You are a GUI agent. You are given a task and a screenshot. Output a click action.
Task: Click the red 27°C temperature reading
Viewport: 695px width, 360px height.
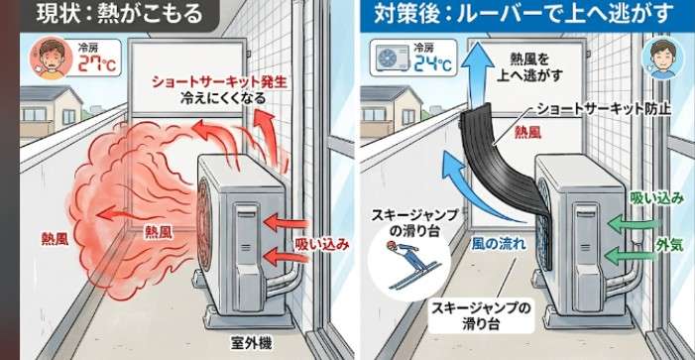click(97, 63)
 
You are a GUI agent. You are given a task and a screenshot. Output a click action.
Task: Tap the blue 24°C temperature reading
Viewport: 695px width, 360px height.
click(432, 63)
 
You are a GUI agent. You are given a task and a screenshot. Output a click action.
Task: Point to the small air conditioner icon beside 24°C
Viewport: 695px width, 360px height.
click(392, 59)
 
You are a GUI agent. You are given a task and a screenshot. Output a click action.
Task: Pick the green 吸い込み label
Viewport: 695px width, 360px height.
click(656, 199)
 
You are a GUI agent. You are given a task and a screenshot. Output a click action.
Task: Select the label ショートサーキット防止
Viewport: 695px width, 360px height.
click(604, 109)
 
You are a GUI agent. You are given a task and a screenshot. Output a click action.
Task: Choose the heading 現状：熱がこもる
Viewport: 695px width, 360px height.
click(119, 14)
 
